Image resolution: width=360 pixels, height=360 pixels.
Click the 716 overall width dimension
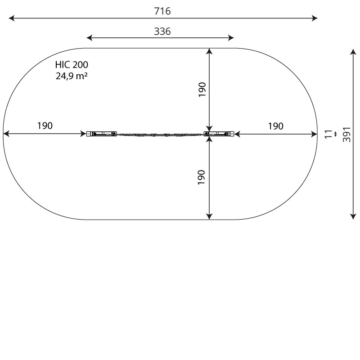[162, 11]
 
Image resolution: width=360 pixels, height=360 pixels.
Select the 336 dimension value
[162, 31]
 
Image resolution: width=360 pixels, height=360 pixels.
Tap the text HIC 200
[72, 65]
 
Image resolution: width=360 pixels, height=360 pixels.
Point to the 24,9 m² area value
[72, 76]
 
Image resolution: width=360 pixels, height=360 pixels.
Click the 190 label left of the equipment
[45, 126]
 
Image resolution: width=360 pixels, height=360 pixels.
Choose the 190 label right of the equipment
[276, 126]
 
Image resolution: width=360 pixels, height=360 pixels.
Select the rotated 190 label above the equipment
[202, 90]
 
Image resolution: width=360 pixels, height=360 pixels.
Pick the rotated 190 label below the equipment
[202, 177]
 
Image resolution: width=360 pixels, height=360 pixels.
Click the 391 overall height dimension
[346, 134]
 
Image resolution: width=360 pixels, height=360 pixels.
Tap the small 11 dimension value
[329, 134]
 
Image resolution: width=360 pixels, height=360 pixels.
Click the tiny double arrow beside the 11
[336, 134]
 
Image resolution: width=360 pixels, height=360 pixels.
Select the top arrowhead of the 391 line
[353, 52]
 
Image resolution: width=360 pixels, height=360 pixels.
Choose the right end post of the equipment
[220, 134]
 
